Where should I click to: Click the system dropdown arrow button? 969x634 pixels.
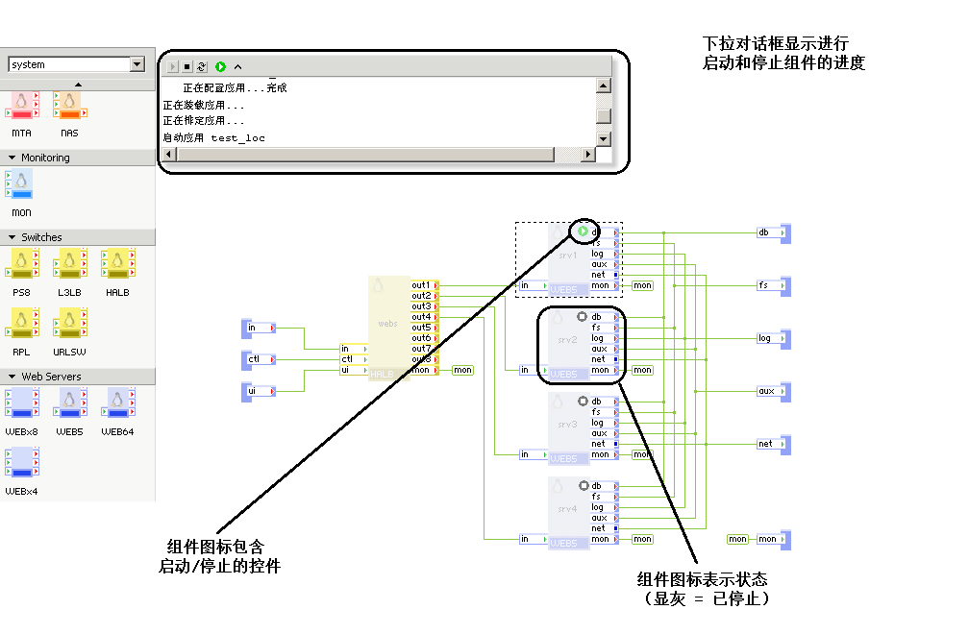click(137, 64)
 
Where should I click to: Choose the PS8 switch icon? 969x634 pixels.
click(21, 263)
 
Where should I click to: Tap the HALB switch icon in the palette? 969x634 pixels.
click(117, 263)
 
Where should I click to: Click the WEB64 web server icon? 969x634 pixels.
click(117, 403)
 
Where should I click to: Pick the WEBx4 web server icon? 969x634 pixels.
click(21, 463)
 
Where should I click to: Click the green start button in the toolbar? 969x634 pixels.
click(220, 67)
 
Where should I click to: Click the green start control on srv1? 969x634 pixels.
click(583, 232)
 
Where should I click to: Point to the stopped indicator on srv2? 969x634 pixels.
click(582, 316)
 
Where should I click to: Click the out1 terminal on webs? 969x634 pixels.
click(422, 285)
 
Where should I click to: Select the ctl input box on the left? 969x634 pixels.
click(258, 359)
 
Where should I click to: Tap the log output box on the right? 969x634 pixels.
click(768, 338)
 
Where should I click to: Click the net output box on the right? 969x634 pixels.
click(768, 444)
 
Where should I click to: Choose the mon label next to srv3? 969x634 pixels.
click(642, 454)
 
